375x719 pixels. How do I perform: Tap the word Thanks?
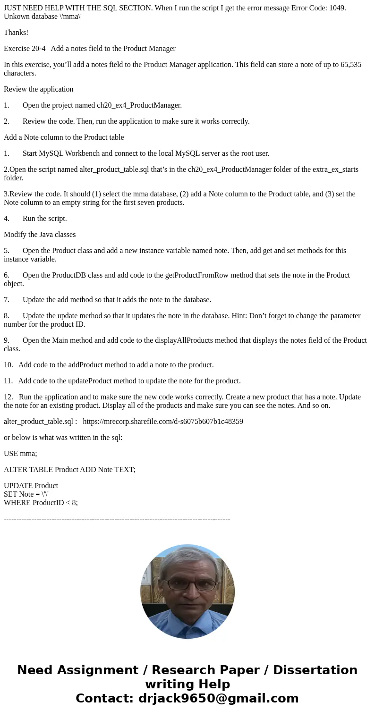[x=16, y=33]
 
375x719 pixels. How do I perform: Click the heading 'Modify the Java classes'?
[x=40, y=235]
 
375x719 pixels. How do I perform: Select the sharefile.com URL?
[x=163, y=422]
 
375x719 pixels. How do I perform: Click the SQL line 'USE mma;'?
[x=20, y=454]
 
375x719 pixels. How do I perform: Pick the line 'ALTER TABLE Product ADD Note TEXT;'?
[x=69, y=470]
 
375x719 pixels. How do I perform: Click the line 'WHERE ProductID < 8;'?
[x=41, y=503]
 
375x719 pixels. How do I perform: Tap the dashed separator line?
[x=117, y=519]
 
